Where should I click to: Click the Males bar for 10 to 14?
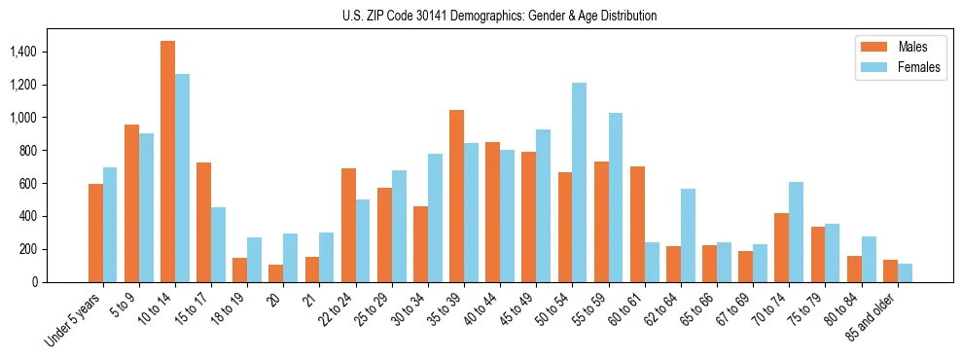pyautogui.click(x=167, y=162)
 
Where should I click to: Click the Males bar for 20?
pyautogui.click(x=276, y=273)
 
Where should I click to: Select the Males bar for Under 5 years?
pyautogui.click(x=95, y=234)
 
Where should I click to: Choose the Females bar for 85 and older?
pyautogui.click(x=905, y=273)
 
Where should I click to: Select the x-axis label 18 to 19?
pyautogui.click(x=231, y=310)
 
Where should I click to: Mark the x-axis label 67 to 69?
pyautogui.click(x=733, y=310)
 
